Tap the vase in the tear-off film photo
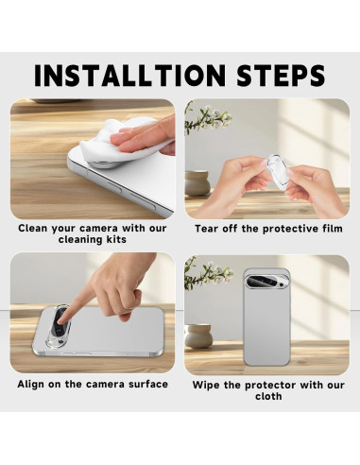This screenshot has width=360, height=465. click(197, 181)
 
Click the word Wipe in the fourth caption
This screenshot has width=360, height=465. click(207, 385)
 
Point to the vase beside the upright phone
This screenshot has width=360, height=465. click(198, 336)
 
